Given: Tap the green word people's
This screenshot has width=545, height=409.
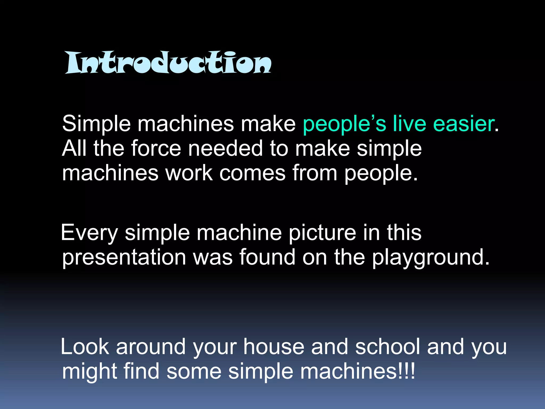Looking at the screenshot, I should (x=344, y=124).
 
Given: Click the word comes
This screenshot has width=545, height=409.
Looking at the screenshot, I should (x=252, y=173).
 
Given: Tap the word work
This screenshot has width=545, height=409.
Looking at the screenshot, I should (x=189, y=173).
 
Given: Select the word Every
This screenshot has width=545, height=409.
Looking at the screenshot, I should (x=89, y=233).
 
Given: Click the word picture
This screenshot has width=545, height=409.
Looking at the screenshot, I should (x=322, y=233).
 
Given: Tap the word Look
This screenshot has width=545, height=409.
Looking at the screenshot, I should (x=85, y=347).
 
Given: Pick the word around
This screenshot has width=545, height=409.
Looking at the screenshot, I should (x=151, y=347).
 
